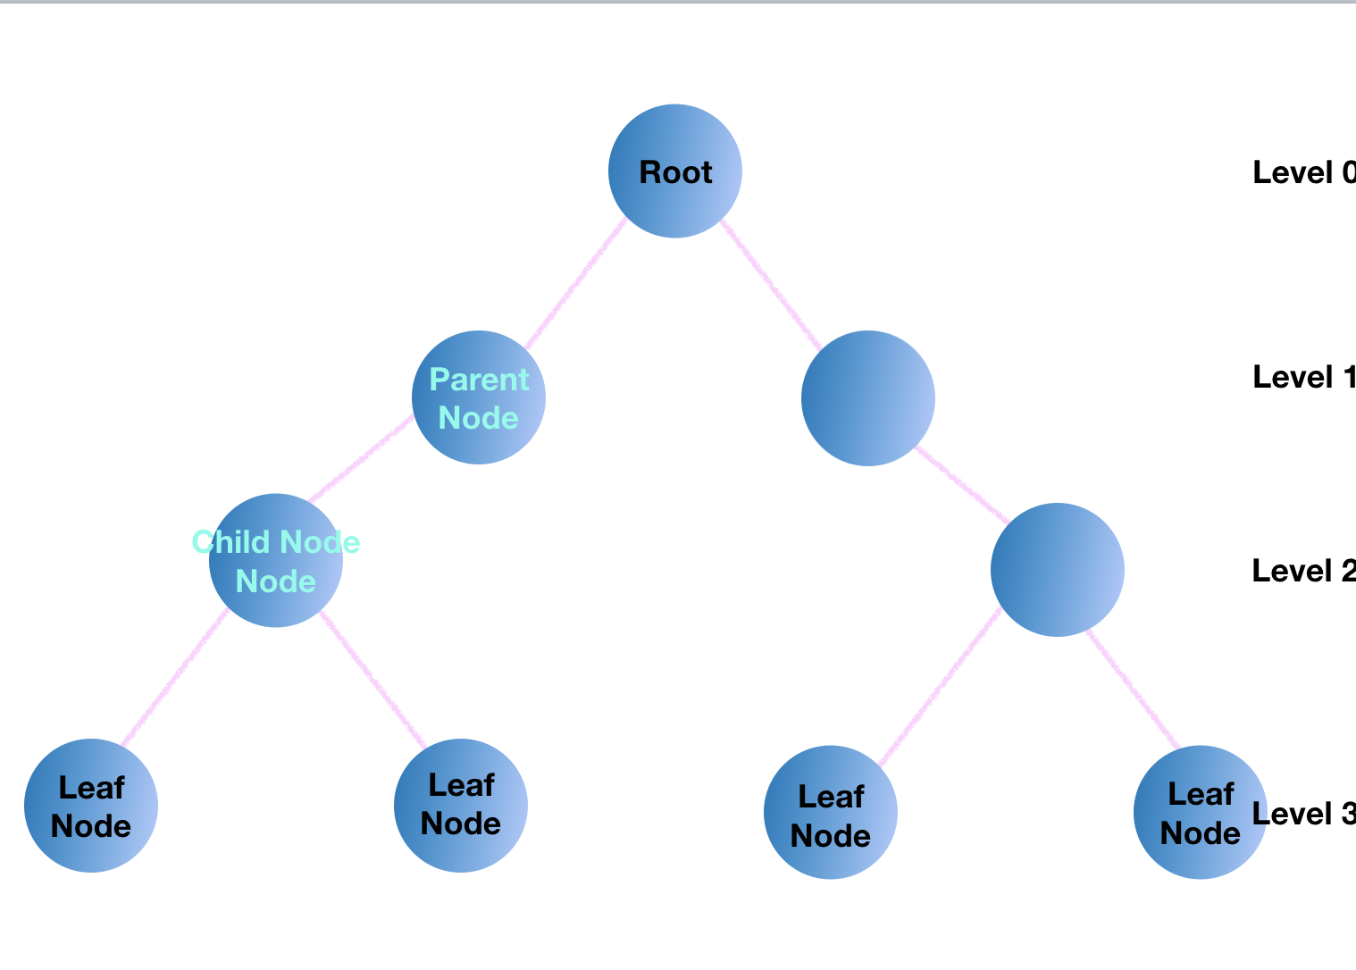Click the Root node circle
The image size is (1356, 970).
click(x=675, y=171)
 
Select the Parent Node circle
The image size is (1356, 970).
click(x=479, y=397)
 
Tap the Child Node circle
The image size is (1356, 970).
click(x=276, y=561)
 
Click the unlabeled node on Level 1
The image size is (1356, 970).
click(x=868, y=398)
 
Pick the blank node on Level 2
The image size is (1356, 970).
click(x=1058, y=570)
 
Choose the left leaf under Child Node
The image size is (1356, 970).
click(x=91, y=806)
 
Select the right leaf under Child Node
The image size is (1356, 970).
click(x=461, y=806)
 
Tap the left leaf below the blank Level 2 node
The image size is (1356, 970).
click(x=831, y=813)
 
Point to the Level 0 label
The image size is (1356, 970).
click(x=1302, y=172)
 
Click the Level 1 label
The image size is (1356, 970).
click(x=1302, y=377)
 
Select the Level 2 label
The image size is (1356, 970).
click(x=1302, y=571)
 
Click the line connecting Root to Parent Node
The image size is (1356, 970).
click(x=576, y=284)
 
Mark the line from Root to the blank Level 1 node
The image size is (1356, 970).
click(x=771, y=284)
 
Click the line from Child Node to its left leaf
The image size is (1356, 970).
click(x=175, y=678)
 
